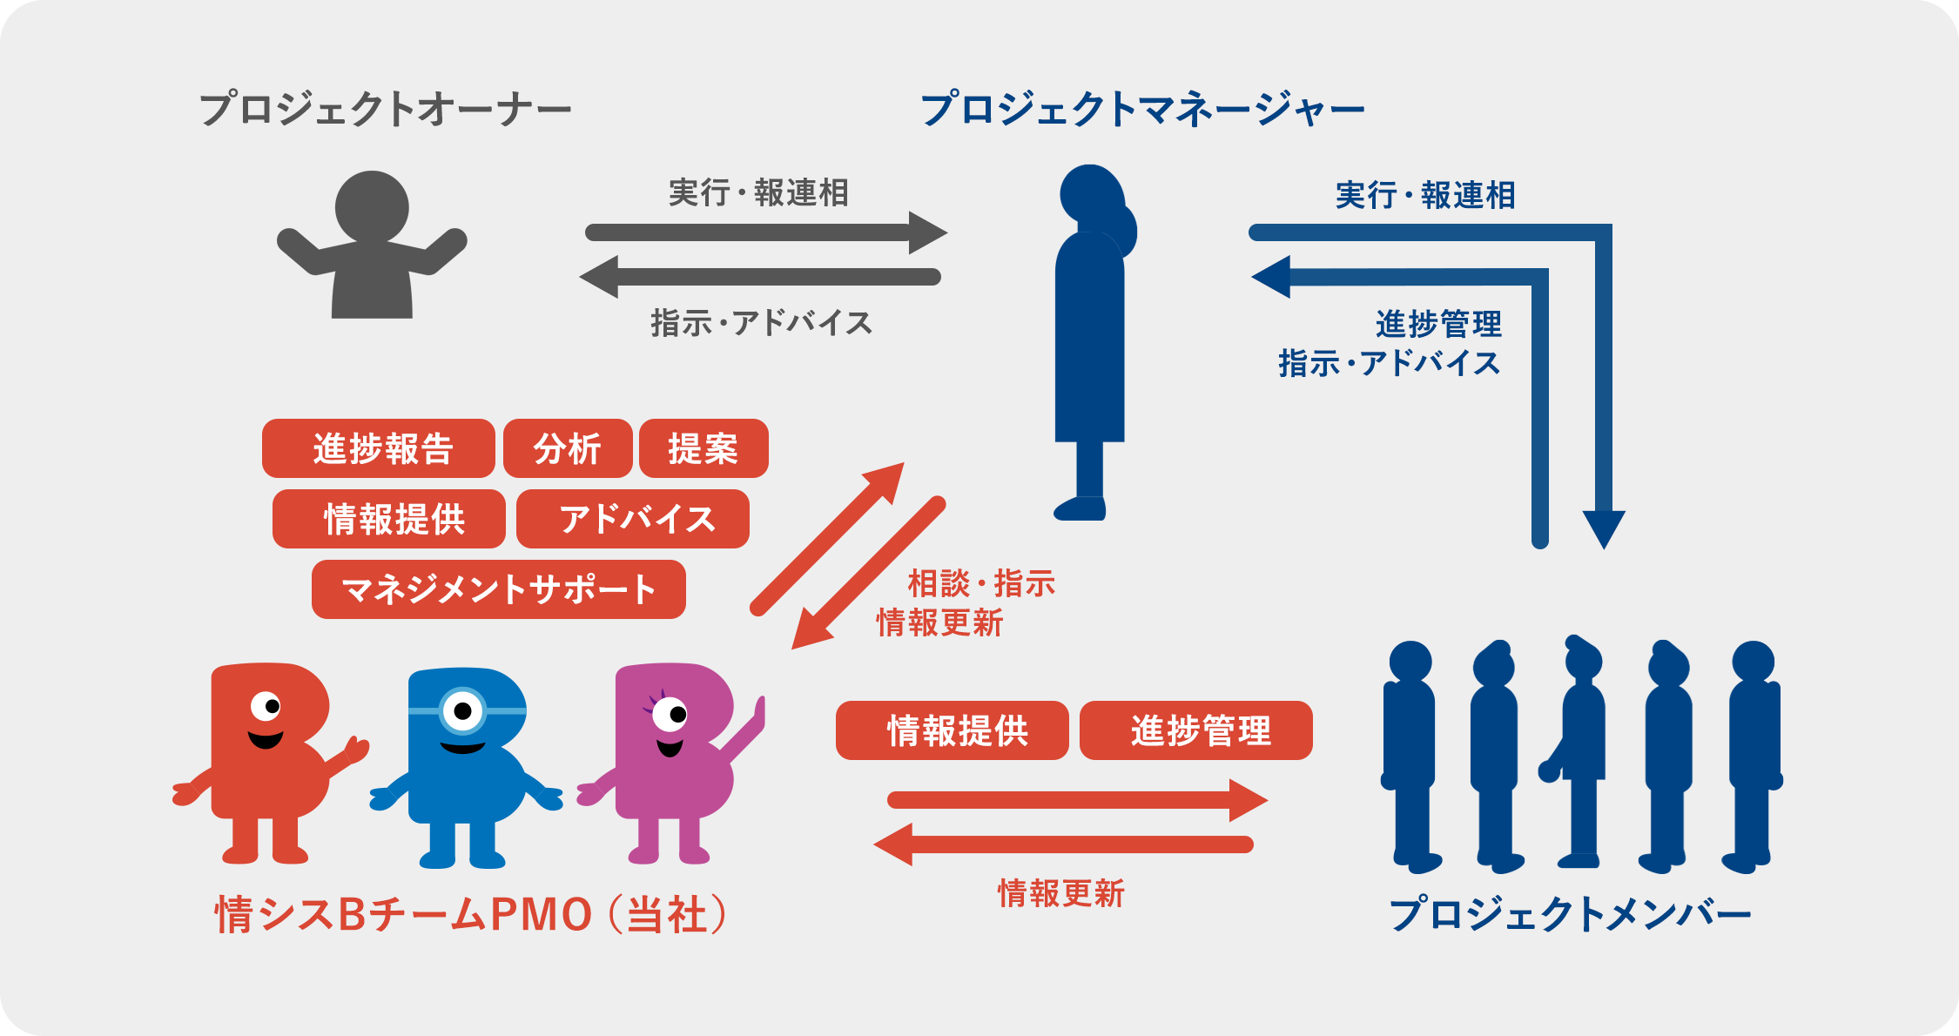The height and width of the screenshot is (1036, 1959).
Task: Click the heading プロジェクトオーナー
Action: [385, 110]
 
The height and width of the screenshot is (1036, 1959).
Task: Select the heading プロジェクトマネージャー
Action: [1141, 110]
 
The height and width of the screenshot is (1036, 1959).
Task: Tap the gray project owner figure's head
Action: [372, 207]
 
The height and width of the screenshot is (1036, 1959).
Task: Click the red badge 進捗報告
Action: [379, 448]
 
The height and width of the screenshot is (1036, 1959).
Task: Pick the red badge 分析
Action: [568, 448]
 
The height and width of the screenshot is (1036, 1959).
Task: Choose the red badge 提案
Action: [703, 448]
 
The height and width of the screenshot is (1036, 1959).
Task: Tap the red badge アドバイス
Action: [633, 519]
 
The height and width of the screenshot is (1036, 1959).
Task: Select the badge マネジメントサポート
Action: [499, 589]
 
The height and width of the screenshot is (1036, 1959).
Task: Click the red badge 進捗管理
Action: [1196, 730]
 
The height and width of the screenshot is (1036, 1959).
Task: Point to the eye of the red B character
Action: [266, 705]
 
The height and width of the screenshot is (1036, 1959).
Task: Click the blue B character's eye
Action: [462, 711]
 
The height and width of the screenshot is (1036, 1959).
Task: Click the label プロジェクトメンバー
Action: [1570, 914]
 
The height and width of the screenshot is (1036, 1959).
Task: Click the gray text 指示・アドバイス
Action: [761, 323]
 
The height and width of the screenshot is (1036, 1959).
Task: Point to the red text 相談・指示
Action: [981, 583]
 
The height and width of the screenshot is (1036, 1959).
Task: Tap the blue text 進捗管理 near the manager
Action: [1438, 324]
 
